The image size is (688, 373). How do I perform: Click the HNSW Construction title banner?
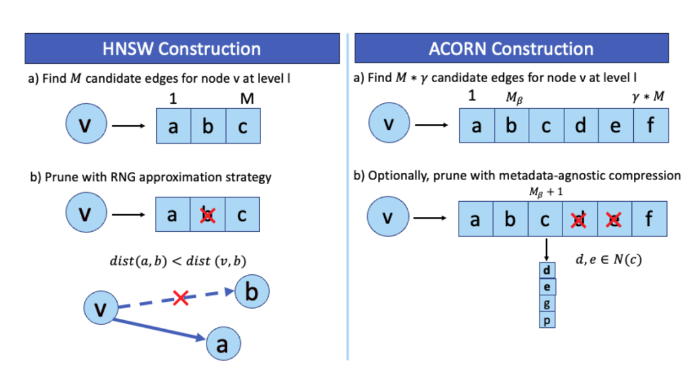tap(182, 49)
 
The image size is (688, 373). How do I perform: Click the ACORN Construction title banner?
tap(511, 49)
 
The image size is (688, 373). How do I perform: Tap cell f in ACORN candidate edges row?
tap(650, 125)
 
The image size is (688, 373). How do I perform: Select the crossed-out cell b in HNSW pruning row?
tap(206, 215)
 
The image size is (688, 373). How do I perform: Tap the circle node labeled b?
tap(252, 292)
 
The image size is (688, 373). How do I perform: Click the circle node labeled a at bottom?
tap(222, 345)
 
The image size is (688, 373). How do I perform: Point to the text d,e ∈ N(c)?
tap(608, 260)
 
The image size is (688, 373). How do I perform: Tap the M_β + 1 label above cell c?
tap(546, 194)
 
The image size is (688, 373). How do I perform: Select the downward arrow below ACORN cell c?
tap(547, 249)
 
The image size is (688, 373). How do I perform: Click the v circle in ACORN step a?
tap(387, 125)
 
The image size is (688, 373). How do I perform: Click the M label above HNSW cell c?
tap(243, 98)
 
